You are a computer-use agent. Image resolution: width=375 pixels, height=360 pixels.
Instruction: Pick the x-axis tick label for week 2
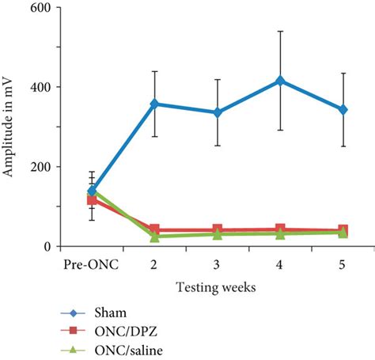pyautogui.click(x=155, y=264)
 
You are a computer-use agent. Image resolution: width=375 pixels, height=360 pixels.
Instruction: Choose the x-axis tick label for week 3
pyautogui.click(x=218, y=264)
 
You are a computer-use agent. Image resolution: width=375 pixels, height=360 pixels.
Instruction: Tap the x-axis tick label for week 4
pyautogui.click(x=280, y=264)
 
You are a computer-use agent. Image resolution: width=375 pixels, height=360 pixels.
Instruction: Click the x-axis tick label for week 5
pyautogui.click(x=343, y=264)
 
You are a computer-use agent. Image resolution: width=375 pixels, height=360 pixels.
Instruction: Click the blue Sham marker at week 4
pyautogui.click(x=280, y=81)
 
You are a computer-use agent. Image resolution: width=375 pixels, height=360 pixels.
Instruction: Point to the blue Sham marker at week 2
pyautogui.click(x=155, y=104)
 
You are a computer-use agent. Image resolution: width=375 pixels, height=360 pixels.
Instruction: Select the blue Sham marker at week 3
pyautogui.click(x=218, y=112)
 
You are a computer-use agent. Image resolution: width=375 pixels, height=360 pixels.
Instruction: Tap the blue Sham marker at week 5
pyautogui.click(x=343, y=110)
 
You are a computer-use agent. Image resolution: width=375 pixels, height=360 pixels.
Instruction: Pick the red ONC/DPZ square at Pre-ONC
pyautogui.click(x=93, y=199)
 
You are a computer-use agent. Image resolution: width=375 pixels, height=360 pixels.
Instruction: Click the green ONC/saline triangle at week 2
pyautogui.click(x=155, y=236)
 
